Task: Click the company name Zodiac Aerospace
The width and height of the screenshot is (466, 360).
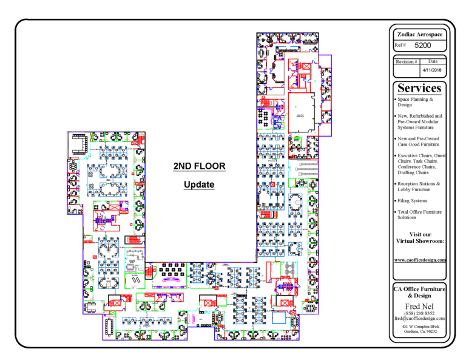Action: (420, 35)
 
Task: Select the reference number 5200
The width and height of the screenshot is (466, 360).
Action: (423, 46)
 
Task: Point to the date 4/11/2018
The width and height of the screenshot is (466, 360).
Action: (433, 70)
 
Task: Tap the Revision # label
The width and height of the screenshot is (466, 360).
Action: (407, 61)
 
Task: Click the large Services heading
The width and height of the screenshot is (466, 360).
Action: (420, 89)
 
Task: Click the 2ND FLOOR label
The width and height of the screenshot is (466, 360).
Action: (199, 166)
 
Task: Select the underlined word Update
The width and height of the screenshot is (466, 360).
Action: (199, 184)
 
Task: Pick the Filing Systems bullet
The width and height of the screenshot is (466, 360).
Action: (413, 200)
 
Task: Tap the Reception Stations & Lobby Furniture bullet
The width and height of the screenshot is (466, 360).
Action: (419, 186)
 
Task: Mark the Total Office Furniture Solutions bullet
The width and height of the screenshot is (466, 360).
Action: (419, 214)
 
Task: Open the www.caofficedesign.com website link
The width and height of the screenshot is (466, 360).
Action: (420, 260)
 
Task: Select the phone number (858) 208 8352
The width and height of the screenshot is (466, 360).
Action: (420, 313)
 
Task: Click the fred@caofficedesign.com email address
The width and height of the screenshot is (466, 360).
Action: (420, 318)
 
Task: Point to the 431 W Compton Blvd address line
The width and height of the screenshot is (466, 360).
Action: (420, 327)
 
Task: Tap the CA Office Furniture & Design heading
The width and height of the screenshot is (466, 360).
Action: (420, 291)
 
